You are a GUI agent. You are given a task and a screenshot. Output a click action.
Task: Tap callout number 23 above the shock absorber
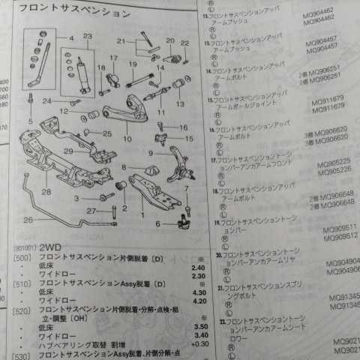tap(87, 37)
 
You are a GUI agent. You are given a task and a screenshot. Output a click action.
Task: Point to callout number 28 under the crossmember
tap(46, 192)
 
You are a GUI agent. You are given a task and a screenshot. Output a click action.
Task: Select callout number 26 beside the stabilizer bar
tap(28, 220)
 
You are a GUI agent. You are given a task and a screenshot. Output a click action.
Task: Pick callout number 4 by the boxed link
tap(72, 37)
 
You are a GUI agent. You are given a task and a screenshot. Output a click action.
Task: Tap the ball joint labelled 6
tap(180, 220)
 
